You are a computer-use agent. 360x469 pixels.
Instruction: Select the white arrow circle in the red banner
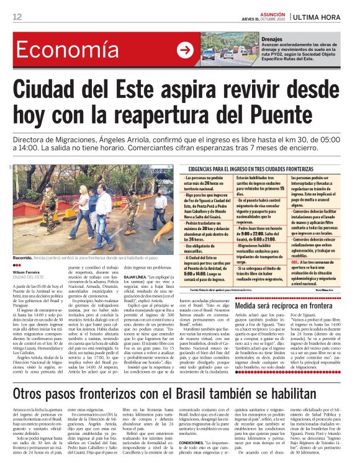(185, 50)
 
